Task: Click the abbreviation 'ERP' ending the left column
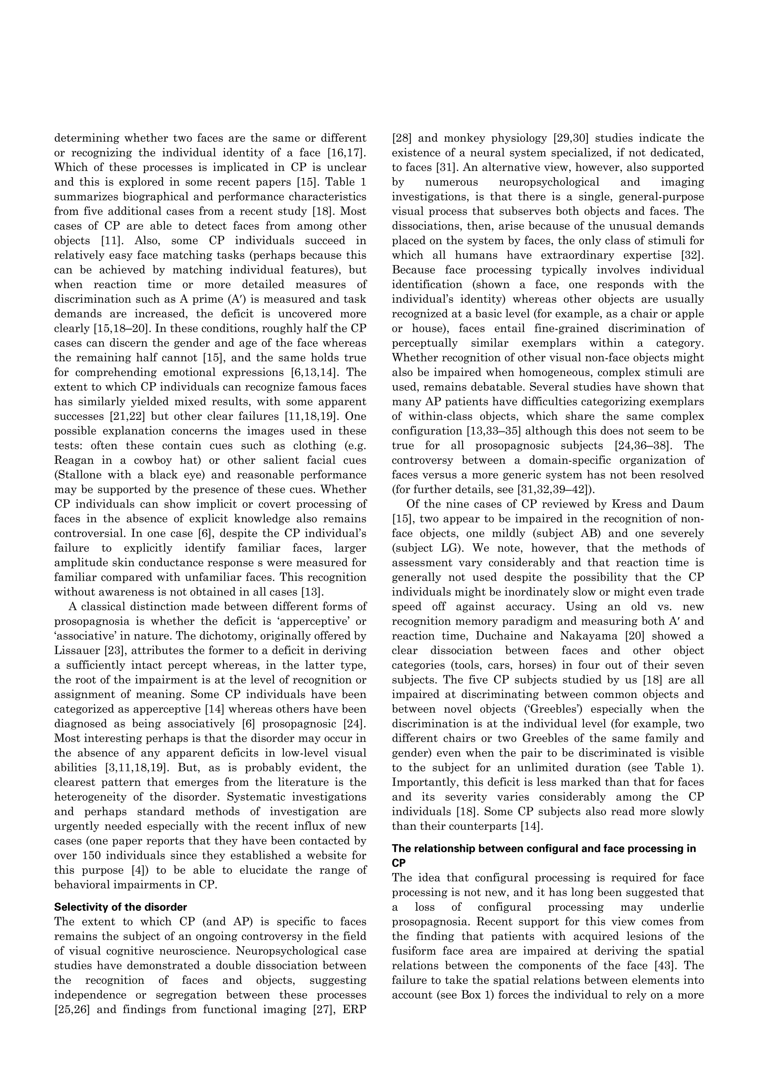tap(353, 1009)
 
